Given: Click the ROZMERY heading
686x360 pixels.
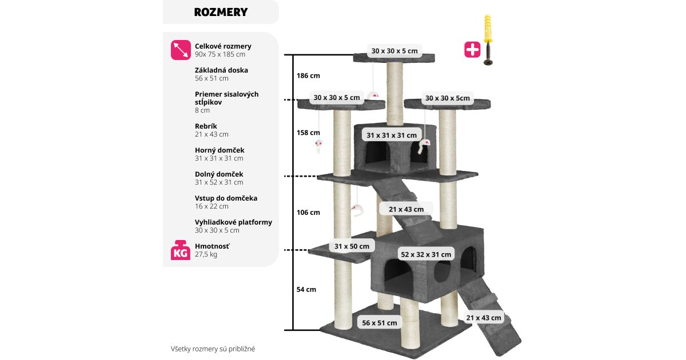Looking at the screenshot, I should tap(221, 12).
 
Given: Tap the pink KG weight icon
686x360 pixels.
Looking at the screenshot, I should tap(181, 250).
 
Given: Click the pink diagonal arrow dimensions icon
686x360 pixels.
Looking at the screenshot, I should tap(181, 50).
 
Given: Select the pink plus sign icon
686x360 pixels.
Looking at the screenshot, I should tap(472, 50).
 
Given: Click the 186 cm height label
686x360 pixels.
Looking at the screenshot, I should tap(308, 75).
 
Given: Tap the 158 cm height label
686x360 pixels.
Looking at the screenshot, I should tap(308, 133).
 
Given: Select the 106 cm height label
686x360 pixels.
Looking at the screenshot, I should tap(308, 213).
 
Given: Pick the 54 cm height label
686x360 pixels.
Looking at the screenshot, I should tap(306, 290).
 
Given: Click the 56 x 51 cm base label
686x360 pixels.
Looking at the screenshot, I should tap(379, 323).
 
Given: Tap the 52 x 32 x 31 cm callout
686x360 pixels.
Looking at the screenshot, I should tap(426, 254).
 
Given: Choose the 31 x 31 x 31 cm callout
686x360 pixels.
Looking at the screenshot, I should tap(392, 135).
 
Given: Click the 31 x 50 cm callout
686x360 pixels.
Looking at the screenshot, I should tap(352, 246).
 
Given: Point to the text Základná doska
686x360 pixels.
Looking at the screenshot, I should tap(221, 70).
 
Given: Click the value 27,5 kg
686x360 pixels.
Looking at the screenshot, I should tap(206, 254).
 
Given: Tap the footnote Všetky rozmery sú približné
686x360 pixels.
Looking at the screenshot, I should tap(217, 348).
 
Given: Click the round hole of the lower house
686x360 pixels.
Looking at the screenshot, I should tap(441, 273).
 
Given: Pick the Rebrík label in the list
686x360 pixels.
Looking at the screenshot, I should tap(206, 126).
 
